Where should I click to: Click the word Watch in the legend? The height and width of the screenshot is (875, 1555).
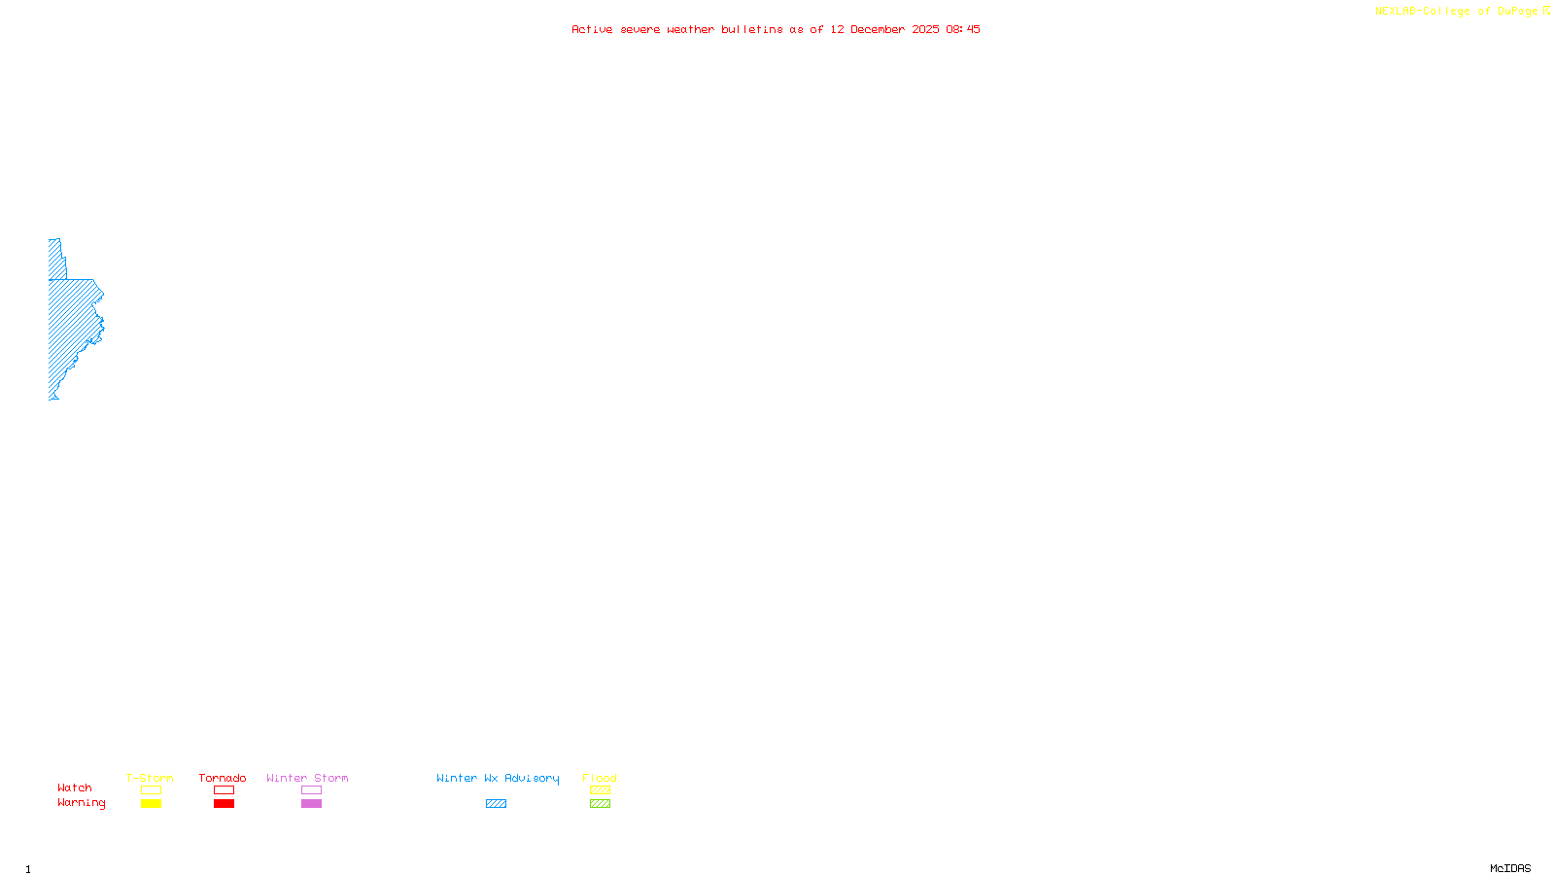point(75,787)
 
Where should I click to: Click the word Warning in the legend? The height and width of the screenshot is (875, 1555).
point(82,803)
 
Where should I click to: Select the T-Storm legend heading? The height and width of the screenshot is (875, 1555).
point(150,778)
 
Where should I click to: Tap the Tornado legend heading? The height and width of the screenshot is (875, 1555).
point(223,778)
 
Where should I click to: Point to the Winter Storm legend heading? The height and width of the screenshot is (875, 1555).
point(307,778)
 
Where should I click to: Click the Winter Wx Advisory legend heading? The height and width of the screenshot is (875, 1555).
point(498,778)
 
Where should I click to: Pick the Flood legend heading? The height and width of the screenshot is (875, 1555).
point(600,778)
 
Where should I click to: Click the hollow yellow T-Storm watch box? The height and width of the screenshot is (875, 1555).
point(151,790)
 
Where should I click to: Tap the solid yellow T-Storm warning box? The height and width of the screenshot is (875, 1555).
point(151,804)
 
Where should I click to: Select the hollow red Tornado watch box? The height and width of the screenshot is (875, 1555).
point(224,790)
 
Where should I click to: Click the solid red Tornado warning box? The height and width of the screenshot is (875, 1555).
point(224,804)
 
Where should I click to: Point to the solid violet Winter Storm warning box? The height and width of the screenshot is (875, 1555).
point(311,804)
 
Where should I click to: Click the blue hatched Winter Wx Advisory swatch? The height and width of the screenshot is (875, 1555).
point(496,804)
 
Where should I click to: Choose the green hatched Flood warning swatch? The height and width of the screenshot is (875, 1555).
point(600,804)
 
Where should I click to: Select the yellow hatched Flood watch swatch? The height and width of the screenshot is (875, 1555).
point(600,790)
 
